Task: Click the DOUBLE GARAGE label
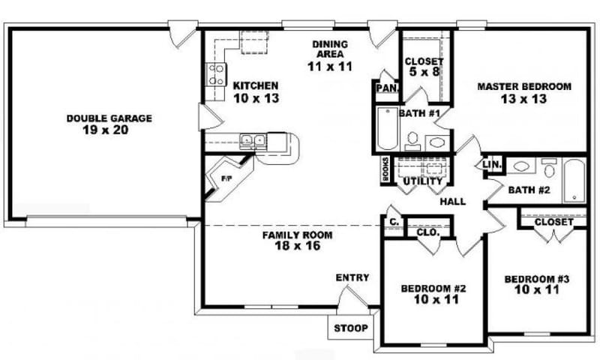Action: pyautogui.click(x=109, y=118)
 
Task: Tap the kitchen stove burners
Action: pyautogui.click(x=215, y=73)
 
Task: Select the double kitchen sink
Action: pyautogui.click(x=252, y=139)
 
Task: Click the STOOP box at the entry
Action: pyautogui.click(x=350, y=328)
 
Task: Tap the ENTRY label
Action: pyautogui.click(x=352, y=277)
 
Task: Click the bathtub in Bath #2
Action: pyautogui.click(x=574, y=179)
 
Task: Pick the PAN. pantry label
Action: pyautogui.click(x=386, y=88)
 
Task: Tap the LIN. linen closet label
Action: pyautogui.click(x=492, y=164)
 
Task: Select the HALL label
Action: pyautogui.click(x=453, y=202)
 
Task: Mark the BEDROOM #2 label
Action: pyautogui.click(x=434, y=288)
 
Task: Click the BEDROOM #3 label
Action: pyautogui.click(x=537, y=278)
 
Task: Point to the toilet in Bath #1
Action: pyautogui.click(x=412, y=140)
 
